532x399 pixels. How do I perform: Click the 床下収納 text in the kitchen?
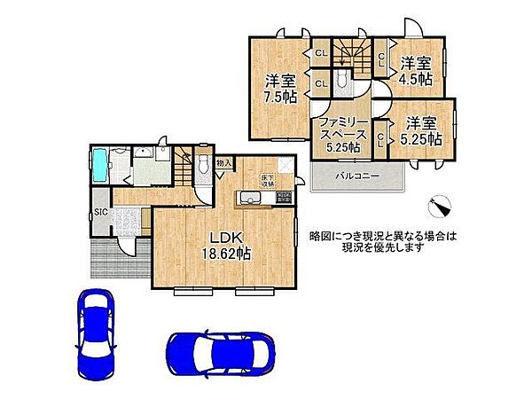[267, 183]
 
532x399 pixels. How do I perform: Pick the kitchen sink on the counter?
[247, 197]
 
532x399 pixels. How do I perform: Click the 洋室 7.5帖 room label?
[279, 90]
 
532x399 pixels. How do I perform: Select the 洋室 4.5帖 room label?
[414, 70]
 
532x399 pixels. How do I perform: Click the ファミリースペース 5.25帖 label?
[339, 135]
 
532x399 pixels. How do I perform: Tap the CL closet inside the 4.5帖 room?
[380, 59]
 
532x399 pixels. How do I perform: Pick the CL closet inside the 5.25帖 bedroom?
[380, 138]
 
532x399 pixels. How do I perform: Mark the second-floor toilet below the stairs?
[345, 82]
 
